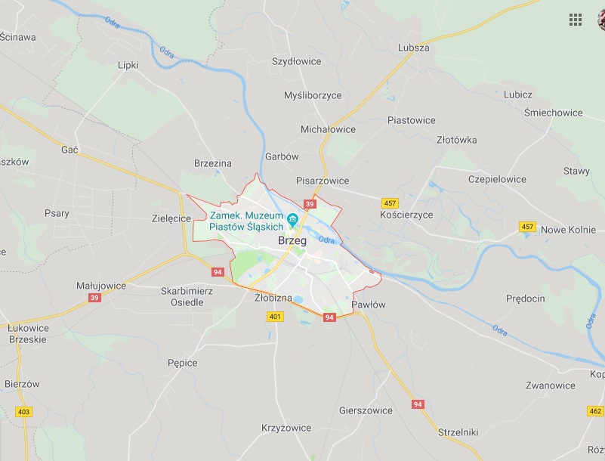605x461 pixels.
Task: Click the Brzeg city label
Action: coord(292,241)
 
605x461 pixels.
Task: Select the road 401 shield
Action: coord(275,317)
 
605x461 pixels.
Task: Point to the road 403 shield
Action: coord(23,412)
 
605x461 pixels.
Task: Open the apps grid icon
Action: coord(576,20)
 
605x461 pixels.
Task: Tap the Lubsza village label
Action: coord(413,48)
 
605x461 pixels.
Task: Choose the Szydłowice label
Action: coord(296,61)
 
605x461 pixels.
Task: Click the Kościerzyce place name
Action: coord(406,215)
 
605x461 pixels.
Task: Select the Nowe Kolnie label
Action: coord(569,230)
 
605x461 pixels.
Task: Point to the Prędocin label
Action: coord(525,299)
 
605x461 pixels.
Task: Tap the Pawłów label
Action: coord(369,305)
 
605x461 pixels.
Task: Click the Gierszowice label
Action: coord(366,410)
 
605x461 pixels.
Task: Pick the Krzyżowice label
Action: coord(286,428)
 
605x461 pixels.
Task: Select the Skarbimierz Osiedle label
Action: coord(187,296)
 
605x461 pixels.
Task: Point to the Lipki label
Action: coord(128,65)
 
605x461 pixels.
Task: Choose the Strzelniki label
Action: coord(458,432)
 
